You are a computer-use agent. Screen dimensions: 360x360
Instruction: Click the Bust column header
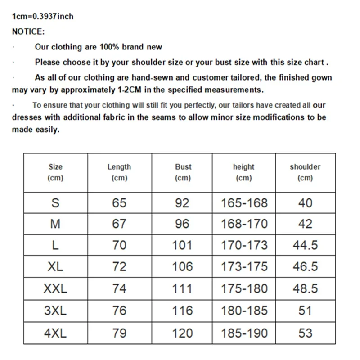click(183, 172)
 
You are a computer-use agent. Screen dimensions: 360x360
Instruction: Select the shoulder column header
click(305, 172)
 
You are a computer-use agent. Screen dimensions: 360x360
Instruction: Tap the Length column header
click(119, 172)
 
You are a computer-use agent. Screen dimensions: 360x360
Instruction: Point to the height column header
click(243, 172)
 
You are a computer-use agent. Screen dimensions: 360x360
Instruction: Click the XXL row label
click(55, 288)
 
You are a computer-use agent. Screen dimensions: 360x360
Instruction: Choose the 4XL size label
click(55, 333)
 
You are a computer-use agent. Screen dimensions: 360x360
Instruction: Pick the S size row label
click(55, 203)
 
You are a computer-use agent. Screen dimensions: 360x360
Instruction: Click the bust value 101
click(182, 245)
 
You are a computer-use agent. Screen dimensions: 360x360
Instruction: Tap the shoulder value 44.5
click(305, 245)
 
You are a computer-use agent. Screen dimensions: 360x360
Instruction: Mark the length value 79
click(119, 333)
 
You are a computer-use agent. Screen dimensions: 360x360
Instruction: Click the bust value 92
click(182, 203)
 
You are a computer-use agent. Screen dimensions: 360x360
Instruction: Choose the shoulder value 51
click(305, 310)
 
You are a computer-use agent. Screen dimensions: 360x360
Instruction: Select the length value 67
click(119, 224)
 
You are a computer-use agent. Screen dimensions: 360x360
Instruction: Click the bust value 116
click(182, 310)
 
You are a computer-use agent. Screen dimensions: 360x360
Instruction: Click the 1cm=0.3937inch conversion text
click(42, 17)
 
